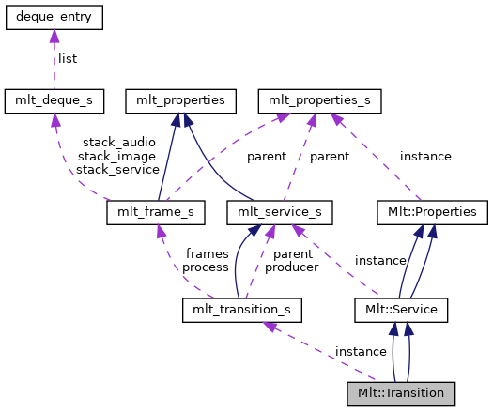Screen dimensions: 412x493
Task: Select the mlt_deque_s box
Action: click(x=54, y=99)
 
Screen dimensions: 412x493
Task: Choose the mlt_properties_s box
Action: click(x=320, y=99)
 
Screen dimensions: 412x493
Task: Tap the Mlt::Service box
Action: click(x=401, y=308)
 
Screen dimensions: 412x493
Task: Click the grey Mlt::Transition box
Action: click(x=401, y=392)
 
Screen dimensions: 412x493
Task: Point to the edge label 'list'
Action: click(x=68, y=58)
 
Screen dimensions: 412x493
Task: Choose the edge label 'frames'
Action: click(x=206, y=253)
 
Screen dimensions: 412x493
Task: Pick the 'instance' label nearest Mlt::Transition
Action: click(x=361, y=351)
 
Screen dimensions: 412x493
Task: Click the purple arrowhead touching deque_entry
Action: click(x=54, y=36)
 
